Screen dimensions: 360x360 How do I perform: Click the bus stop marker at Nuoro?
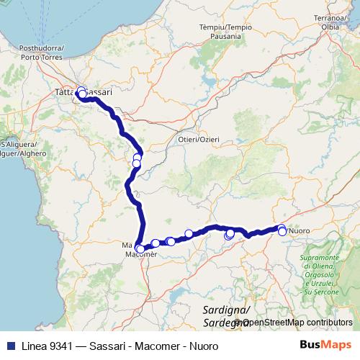[282, 231]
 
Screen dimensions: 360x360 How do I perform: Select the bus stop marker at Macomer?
[140, 249]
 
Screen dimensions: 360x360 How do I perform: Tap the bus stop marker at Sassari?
[82, 94]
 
